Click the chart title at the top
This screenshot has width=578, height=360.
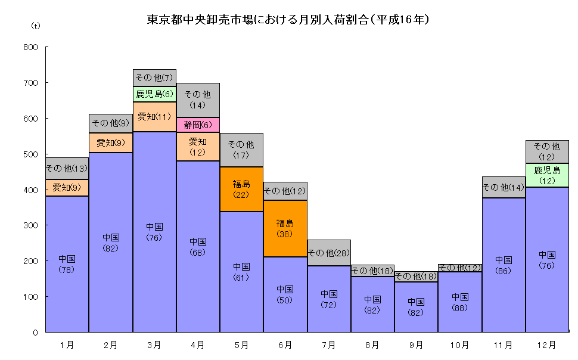tap(288, 20)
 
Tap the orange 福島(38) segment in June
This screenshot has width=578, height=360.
tap(285, 229)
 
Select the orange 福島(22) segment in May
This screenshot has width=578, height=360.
tap(241, 189)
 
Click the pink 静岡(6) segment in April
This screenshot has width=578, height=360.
tap(198, 125)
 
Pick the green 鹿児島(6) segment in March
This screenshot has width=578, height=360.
tap(154, 94)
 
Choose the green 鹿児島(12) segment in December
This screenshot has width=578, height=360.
tap(547, 175)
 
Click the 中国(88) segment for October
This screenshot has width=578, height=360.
tap(460, 302)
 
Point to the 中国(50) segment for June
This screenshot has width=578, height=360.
tap(285, 294)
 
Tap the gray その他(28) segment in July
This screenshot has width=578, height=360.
tap(329, 253)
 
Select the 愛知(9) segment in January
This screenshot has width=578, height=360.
tap(67, 188)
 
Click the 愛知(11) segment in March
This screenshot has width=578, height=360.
tap(154, 117)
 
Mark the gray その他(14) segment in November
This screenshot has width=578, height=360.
tap(504, 187)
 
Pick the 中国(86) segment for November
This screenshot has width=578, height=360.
tap(504, 265)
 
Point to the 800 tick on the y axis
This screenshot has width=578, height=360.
tap(30, 48)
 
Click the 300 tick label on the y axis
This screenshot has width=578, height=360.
tap(30, 225)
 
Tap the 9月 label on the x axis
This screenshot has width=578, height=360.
tap(416, 345)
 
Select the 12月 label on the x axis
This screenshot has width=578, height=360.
tap(547, 345)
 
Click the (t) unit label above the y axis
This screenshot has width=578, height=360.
tap(35, 26)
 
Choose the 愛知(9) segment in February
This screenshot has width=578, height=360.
tap(111, 142)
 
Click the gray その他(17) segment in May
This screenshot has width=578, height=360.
tap(241, 150)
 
